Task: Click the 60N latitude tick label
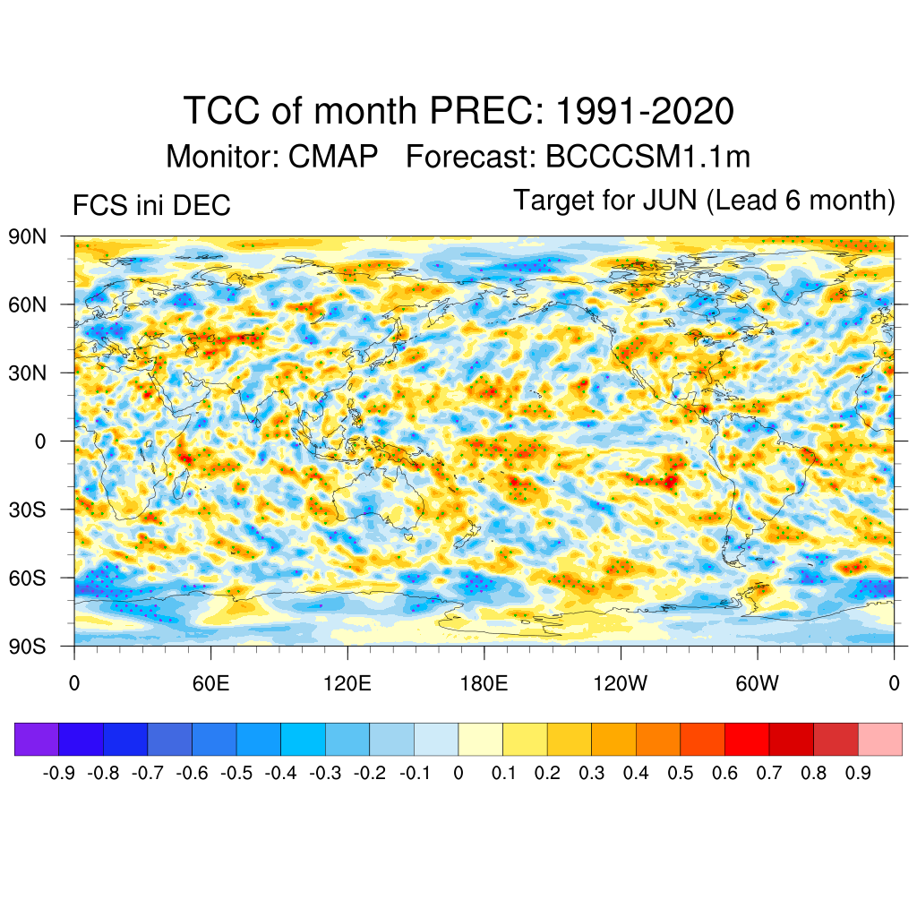[27, 305]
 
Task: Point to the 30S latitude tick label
[27, 510]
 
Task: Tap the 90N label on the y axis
[27, 237]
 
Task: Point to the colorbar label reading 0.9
[858, 774]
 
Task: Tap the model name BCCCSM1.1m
[647, 157]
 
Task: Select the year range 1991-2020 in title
[645, 112]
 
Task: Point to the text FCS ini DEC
[151, 206]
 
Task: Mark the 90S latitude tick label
[27, 647]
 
